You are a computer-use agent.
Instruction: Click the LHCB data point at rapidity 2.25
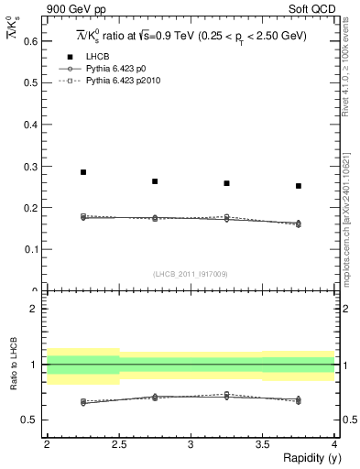coord(82,172)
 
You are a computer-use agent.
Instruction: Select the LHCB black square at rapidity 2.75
coord(155,181)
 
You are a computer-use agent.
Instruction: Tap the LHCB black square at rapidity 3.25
coord(226,183)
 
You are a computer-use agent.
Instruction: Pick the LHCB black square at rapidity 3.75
coord(299,186)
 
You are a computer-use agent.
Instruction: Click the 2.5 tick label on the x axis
coord(118,443)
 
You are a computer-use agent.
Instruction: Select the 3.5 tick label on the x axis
coord(262,443)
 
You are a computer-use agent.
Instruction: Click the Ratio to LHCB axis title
coord(11,365)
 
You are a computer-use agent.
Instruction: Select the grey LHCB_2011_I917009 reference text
coord(190,274)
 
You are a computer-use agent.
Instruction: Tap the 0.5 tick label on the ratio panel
coord(31,420)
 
